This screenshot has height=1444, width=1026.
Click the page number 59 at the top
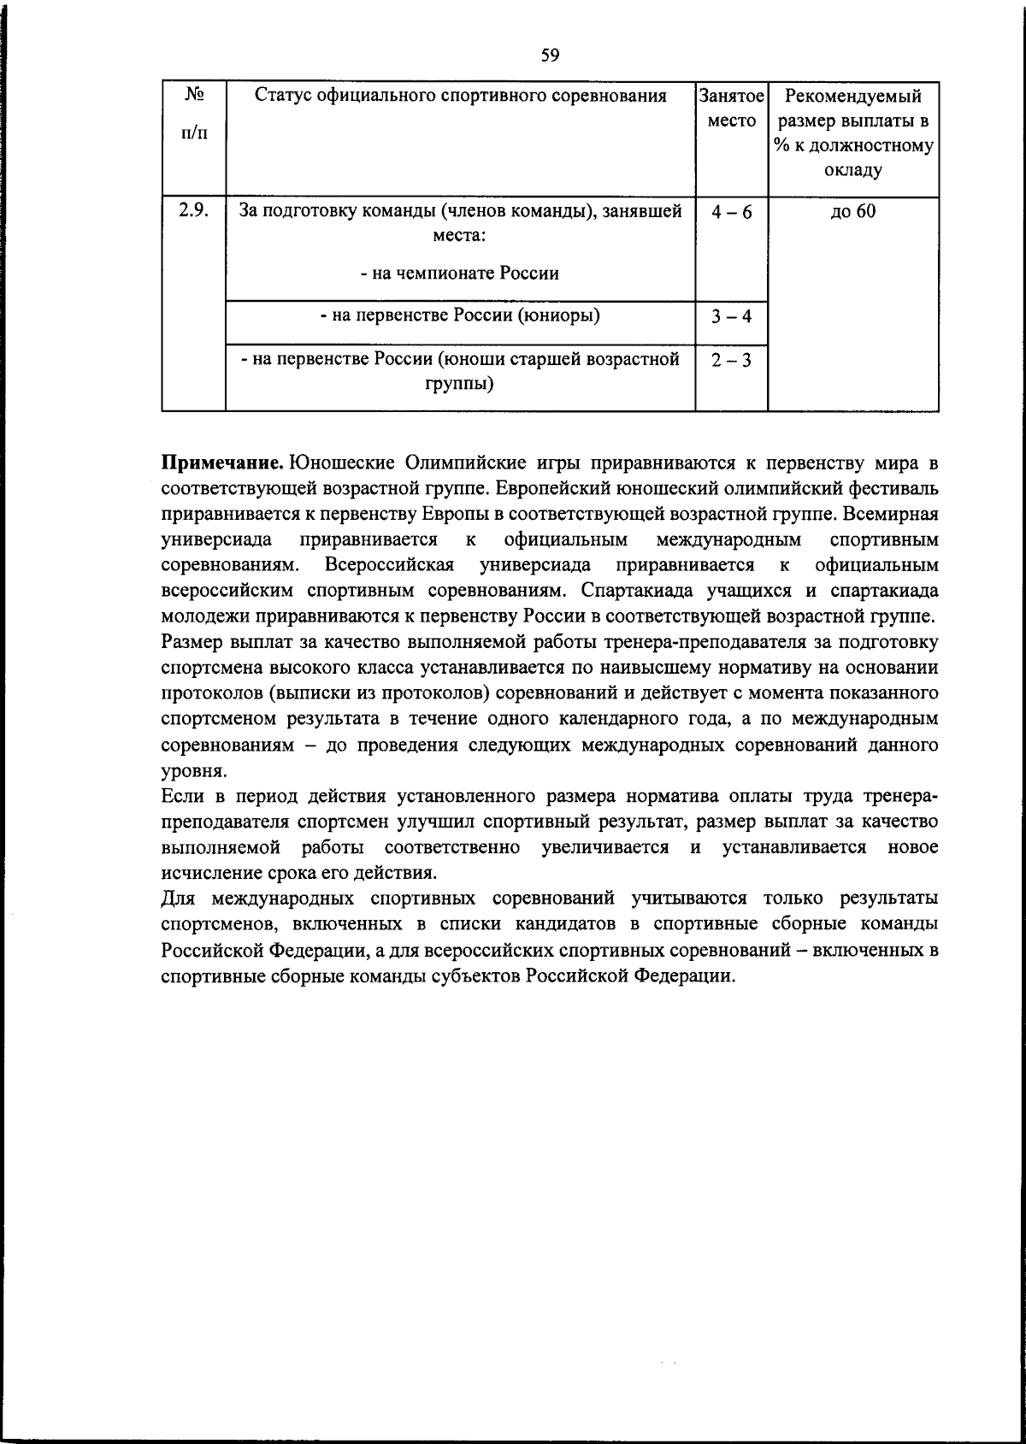point(550,56)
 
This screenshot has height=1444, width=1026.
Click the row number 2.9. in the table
point(194,210)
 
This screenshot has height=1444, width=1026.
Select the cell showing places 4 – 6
point(732,212)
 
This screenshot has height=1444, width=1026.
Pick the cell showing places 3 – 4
point(732,316)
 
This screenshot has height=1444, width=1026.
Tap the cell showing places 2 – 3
point(732,360)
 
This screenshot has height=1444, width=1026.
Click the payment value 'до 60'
point(852,211)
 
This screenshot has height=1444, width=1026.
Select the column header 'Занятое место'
point(732,108)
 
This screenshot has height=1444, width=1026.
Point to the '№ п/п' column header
point(194,112)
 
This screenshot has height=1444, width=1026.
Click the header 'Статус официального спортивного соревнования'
point(461,96)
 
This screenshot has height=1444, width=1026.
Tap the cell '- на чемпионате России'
point(460,274)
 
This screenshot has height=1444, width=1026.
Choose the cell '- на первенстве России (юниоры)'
point(460,315)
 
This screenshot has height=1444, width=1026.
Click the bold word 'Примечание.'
point(223,463)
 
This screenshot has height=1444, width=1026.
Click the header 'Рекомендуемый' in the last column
point(852,96)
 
